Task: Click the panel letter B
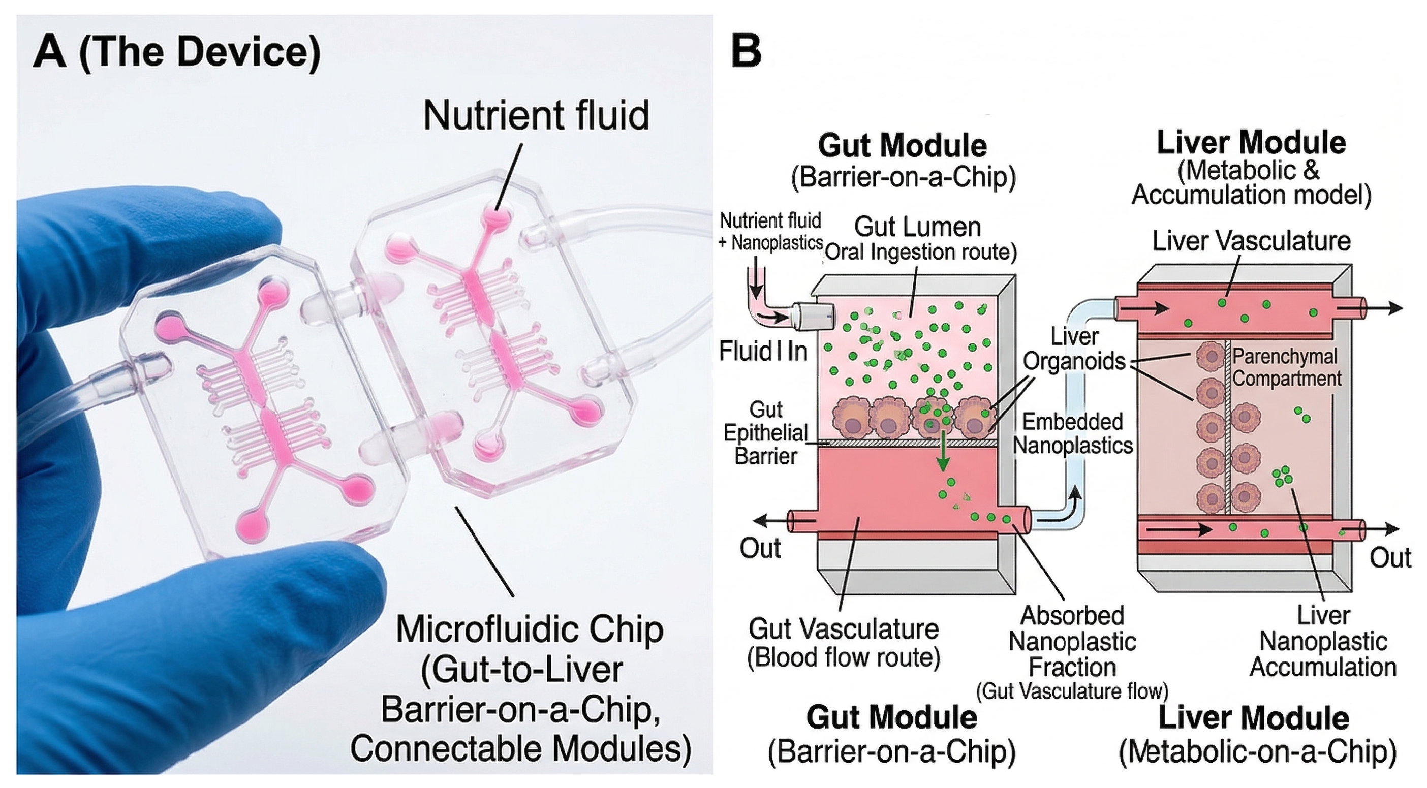(x=746, y=52)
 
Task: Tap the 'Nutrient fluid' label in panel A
(x=536, y=116)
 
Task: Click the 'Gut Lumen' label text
(x=917, y=227)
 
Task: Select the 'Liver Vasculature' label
(x=1251, y=241)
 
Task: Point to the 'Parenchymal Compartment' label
(x=1286, y=368)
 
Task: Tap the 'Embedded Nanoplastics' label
(x=1073, y=433)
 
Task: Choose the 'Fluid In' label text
(x=763, y=351)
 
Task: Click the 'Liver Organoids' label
(x=1074, y=349)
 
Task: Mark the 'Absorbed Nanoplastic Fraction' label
(x=1072, y=642)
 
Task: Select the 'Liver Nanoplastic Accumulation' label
(x=1323, y=642)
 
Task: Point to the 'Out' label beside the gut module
(x=760, y=548)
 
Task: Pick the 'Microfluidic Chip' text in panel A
(x=530, y=629)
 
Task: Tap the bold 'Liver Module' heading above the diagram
(x=1251, y=143)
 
